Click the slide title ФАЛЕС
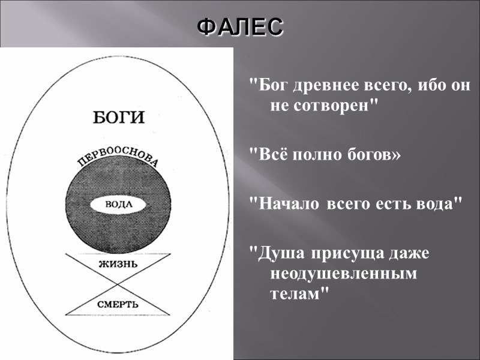239,26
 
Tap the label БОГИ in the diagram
119,116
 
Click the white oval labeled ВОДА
118,204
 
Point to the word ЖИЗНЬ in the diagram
118,263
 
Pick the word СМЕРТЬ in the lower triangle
118,304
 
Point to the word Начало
288,204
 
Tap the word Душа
280,253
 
